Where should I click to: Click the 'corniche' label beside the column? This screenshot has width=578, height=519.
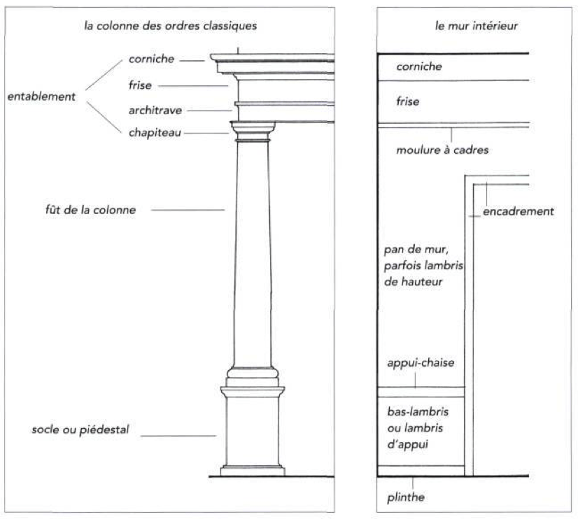(x=151, y=61)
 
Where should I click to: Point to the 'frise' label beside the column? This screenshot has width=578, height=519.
(x=140, y=85)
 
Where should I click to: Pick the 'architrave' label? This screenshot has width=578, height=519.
(x=155, y=111)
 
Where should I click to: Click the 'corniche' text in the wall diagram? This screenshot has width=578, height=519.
(x=418, y=67)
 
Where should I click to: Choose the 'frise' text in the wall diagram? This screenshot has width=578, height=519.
(x=408, y=102)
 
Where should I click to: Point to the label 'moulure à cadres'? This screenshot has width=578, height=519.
(x=431, y=150)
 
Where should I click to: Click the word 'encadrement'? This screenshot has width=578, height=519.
(x=518, y=211)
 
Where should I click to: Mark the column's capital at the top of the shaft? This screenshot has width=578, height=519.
(x=253, y=131)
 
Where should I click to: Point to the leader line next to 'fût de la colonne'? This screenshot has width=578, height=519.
(x=188, y=210)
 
